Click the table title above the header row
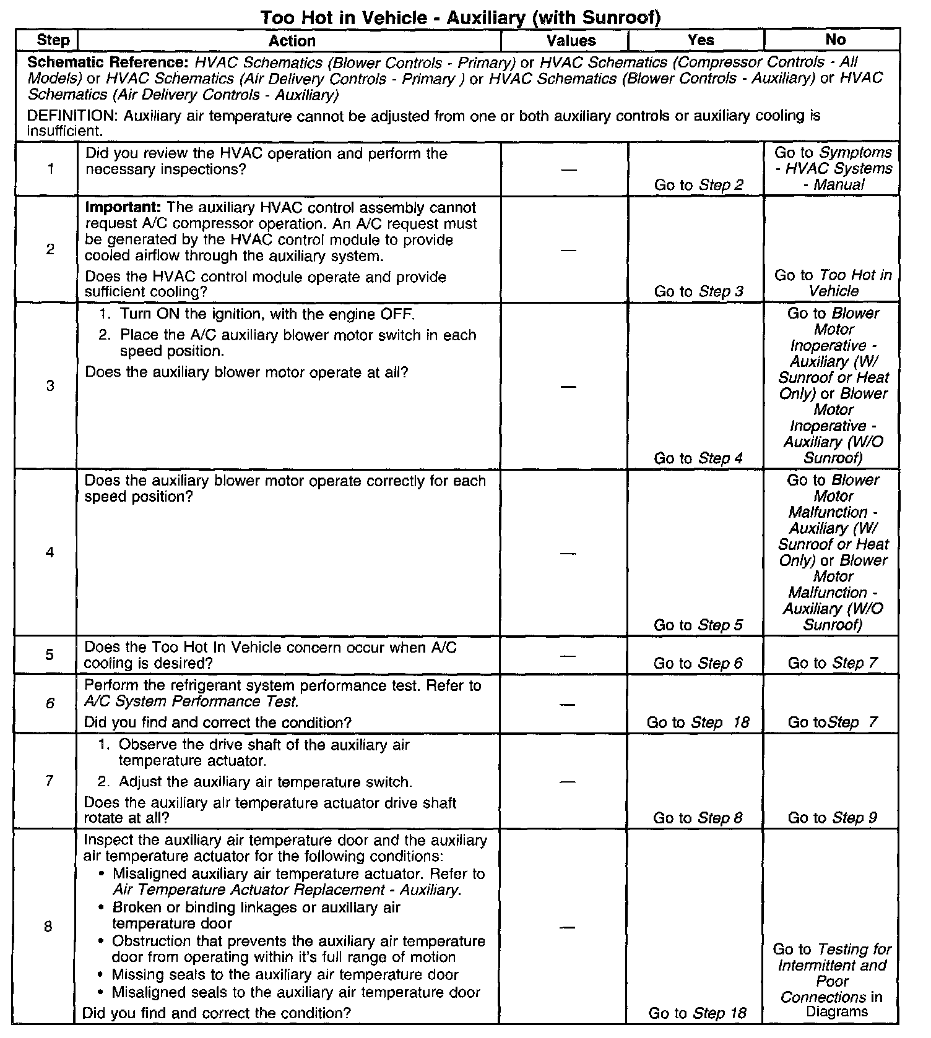(461, 17)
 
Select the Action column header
(292, 41)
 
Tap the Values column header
(571, 41)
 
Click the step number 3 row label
(50, 386)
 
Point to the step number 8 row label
(48, 926)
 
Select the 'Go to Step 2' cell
(699, 184)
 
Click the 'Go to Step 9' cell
(832, 818)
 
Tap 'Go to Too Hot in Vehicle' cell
(833, 283)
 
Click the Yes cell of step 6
(698, 723)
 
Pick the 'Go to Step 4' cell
(698, 458)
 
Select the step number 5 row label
(49, 654)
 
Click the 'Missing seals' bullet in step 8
(285, 975)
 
